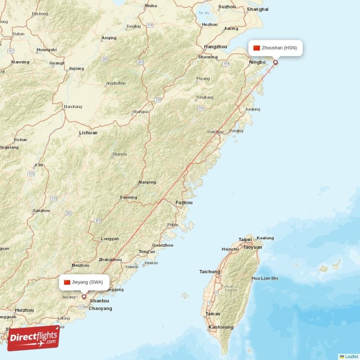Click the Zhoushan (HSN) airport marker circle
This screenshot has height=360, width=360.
(x=275, y=63)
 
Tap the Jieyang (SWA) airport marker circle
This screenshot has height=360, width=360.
(x=84, y=297)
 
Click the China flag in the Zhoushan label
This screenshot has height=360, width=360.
(x=256, y=48)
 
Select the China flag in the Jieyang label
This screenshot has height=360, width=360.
(x=67, y=282)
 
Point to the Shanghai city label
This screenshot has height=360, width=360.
(x=258, y=9)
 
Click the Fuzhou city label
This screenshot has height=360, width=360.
(x=184, y=202)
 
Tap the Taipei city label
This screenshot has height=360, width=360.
(x=245, y=239)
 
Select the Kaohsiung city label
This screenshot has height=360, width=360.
(x=220, y=327)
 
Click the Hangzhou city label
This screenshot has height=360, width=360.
(x=216, y=46)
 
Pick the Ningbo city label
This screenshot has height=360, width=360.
(x=258, y=62)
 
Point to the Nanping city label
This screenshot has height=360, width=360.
(x=148, y=182)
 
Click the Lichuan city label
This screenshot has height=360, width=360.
(x=88, y=133)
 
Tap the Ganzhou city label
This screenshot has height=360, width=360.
(x=41, y=211)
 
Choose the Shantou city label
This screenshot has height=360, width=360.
(x=99, y=301)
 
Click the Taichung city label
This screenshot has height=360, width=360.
(x=210, y=272)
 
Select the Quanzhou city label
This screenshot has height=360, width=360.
(x=162, y=245)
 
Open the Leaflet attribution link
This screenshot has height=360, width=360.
(x=351, y=356)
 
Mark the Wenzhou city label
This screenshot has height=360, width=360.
(x=215, y=132)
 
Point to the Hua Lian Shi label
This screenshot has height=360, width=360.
(x=265, y=279)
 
